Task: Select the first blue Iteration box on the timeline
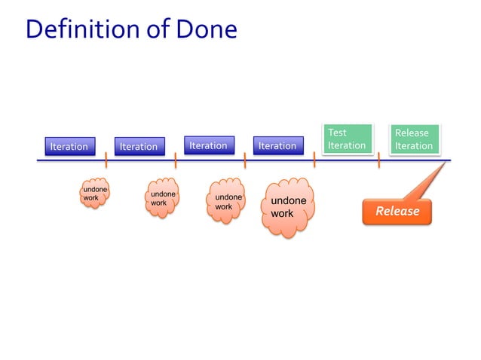(69, 146)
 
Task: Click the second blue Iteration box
(139, 146)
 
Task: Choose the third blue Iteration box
(209, 145)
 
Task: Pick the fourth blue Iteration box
(277, 146)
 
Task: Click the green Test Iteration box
(347, 139)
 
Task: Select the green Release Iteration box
(414, 139)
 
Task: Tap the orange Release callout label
(397, 211)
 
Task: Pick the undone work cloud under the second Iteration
(163, 199)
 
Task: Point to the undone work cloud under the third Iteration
(227, 201)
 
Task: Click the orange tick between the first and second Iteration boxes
(106, 160)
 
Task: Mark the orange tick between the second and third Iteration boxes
(175, 160)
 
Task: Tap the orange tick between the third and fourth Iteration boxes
(245, 160)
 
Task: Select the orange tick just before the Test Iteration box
(314, 160)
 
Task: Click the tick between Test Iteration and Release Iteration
(378, 160)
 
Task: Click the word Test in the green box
(337, 133)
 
